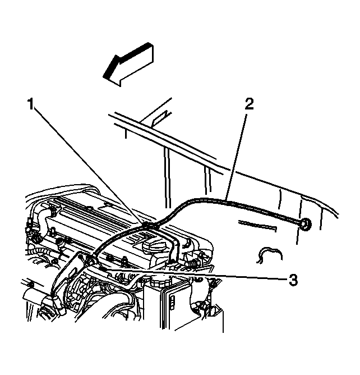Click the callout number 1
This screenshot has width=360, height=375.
(x=31, y=104)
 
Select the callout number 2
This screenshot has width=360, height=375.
(x=248, y=104)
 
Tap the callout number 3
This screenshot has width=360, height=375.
(x=293, y=280)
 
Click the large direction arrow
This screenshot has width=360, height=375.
(x=128, y=64)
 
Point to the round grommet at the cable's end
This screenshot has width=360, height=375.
(x=306, y=224)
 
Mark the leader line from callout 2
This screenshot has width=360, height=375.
(x=236, y=156)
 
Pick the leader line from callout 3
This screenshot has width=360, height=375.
(x=195, y=274)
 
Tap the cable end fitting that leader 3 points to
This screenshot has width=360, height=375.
(x=101, y=268)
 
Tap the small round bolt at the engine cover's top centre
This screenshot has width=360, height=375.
(x=89, y=207)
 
